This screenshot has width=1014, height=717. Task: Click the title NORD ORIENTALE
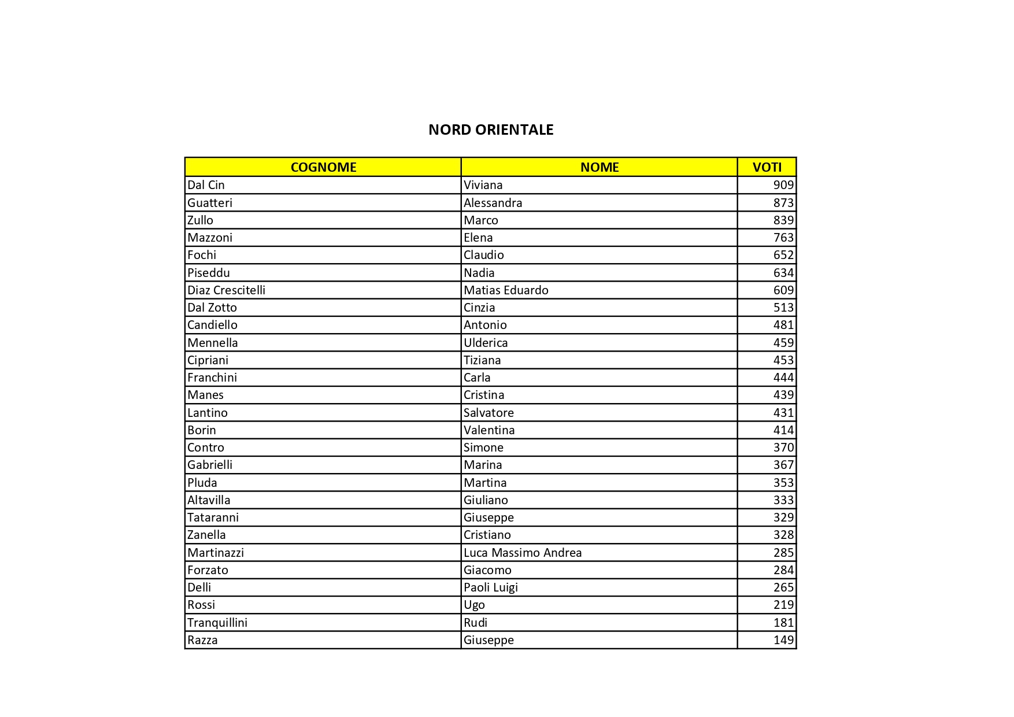point(491,130)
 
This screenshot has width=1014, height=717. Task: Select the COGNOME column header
point(323,167)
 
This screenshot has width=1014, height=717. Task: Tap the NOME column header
point(599,167)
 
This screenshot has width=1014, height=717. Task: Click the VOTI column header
point(767,167)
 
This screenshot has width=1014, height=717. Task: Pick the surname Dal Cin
point(206,185)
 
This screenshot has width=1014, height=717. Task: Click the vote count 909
point(783,185)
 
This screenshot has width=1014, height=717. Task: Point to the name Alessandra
point(493,203)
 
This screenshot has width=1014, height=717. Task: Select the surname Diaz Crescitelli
point(226,290)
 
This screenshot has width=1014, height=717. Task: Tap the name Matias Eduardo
point(506,290)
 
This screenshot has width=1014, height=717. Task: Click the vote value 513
point(783,308)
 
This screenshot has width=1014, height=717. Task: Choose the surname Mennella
point(212,343)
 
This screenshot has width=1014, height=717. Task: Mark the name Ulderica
point(486,343)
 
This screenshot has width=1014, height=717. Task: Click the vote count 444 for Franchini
point(783,378)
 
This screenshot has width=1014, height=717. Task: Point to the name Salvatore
point(489,413)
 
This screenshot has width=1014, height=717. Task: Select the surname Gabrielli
point(210,465)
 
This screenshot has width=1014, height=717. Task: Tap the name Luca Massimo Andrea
point(523,553)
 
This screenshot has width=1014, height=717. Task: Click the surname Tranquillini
point(217,623)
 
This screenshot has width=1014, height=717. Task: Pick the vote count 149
point(783,640)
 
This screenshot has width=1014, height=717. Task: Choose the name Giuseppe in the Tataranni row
point(489,518)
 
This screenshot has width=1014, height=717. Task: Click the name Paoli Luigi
point(491,587)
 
